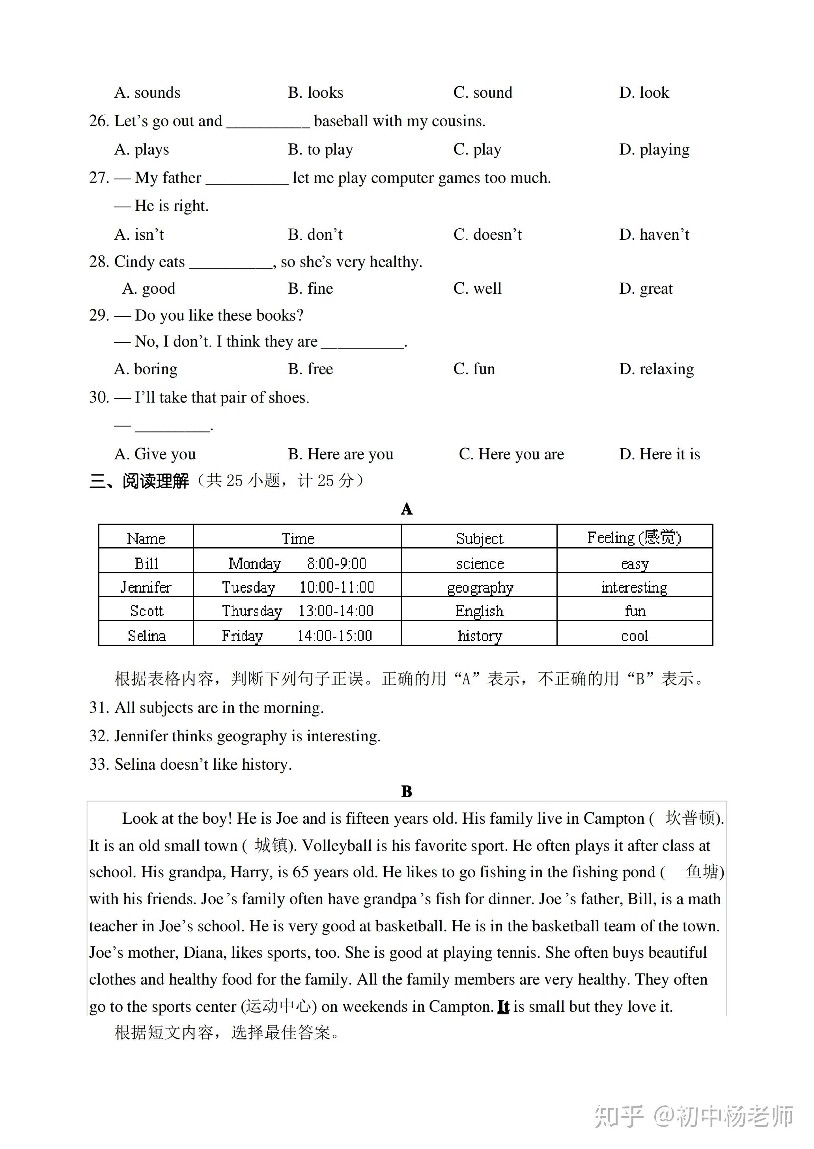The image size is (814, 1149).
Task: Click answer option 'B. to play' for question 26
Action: point(320,149)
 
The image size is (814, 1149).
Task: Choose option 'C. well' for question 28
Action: point(477,289)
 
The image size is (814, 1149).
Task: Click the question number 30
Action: point(99,397)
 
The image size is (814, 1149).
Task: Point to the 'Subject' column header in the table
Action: point(479,538)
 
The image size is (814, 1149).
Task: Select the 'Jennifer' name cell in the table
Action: point(146,587)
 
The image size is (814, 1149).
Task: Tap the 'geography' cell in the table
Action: point(480,587)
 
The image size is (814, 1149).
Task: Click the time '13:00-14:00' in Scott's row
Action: point(336,611)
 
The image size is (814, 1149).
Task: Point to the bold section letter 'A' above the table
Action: point(407,509)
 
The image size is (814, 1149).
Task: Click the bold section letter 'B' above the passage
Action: point(407,792)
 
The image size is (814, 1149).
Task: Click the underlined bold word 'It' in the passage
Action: point(503,1006)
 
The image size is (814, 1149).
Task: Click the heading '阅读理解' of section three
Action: point(155,481)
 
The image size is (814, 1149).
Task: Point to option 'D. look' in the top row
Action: point(644,93)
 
